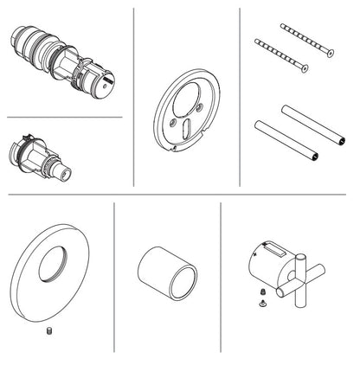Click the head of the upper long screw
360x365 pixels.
330,54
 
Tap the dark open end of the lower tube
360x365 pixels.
316,157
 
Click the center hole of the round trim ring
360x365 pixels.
53,261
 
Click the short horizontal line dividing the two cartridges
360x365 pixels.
64,117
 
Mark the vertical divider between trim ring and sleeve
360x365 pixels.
114,277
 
